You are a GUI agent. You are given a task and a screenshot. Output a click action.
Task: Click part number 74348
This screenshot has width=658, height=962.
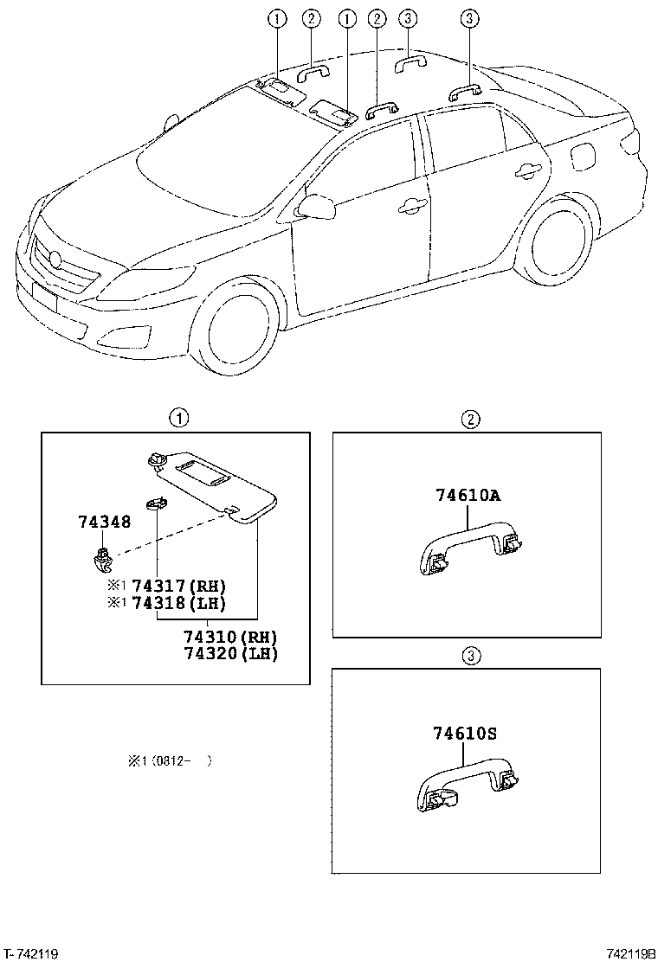pyautogui.click(x=104, y=522)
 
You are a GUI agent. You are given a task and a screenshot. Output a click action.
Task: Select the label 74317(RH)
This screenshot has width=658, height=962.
pyautogui.click(x=178, y=586)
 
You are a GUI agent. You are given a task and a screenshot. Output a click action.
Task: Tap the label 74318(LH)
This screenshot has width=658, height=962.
pyautogui.click(x=178, y=603)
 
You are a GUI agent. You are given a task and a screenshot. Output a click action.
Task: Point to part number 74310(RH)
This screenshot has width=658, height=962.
pyautogui.click(x=229, y=637)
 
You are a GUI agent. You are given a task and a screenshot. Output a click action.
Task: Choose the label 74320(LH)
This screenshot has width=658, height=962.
pyautogui.click(x=229, y=653)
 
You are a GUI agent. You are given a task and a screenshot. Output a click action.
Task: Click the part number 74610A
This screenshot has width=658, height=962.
pyautogui.click(x=468, y=496)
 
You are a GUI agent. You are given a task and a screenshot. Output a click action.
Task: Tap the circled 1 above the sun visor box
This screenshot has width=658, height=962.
pyautogui.click(x=178, y=420)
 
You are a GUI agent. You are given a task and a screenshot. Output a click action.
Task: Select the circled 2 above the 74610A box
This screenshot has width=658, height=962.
pyautogui.click(x=470, y=420)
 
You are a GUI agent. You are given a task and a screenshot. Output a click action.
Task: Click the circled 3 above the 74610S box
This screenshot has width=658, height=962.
pyautogui.click(x=470, y=657)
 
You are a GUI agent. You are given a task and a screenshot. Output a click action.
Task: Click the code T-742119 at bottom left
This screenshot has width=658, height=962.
pyautogui.click(x=31, y=953)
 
